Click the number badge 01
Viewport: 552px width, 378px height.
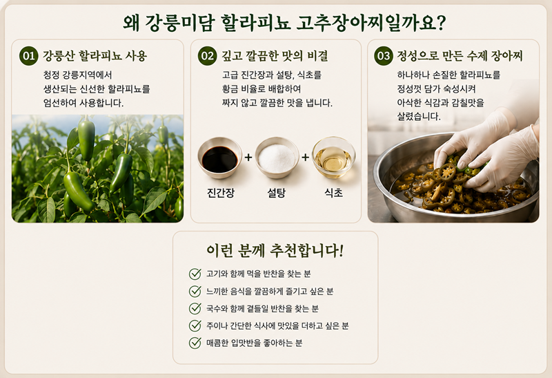pyautogui.click(x=28, y=56)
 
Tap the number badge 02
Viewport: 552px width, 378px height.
pyautogui.click(x=207, y=56)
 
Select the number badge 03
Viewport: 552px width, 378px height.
pyautogui.click(x=384, y=56)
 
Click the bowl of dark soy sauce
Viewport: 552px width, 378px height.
pyautogui.click(x=219, y=158)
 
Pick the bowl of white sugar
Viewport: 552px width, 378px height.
pyautogui.click(x=277, y=158)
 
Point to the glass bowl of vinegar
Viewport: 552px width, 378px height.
pyautogui.click(x=334, y=158)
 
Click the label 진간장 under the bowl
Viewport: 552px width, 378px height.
pyautogui.click(x=221, y=193)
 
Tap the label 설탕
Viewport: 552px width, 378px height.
pyautogui.click(x=277, y=193)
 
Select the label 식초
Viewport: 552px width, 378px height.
pyautogui.click(x=333, y=193)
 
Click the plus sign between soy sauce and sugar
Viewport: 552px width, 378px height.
pyautogui.click(x=248, y=158)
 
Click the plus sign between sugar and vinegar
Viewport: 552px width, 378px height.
pyautogui.click(x=306, y=158)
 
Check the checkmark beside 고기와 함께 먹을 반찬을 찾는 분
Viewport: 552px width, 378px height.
pyautogui.click(x=195, y=274)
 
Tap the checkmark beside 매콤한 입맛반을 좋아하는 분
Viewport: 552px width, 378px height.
pyautogui.click(x=195, y=343)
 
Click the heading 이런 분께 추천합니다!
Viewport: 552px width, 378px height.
pyautogui.click(x=275, y=250)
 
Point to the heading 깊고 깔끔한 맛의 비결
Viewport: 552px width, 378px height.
pyautogui.click(x=275, y=56)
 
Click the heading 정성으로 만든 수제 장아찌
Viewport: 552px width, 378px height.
pyautogui.click(x=460, y=56)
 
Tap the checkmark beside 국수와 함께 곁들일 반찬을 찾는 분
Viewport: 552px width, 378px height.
pyautogui.click(x=195, y=308)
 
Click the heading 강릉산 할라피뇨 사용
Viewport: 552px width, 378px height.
pyautogui.click(x=95, y=56)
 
